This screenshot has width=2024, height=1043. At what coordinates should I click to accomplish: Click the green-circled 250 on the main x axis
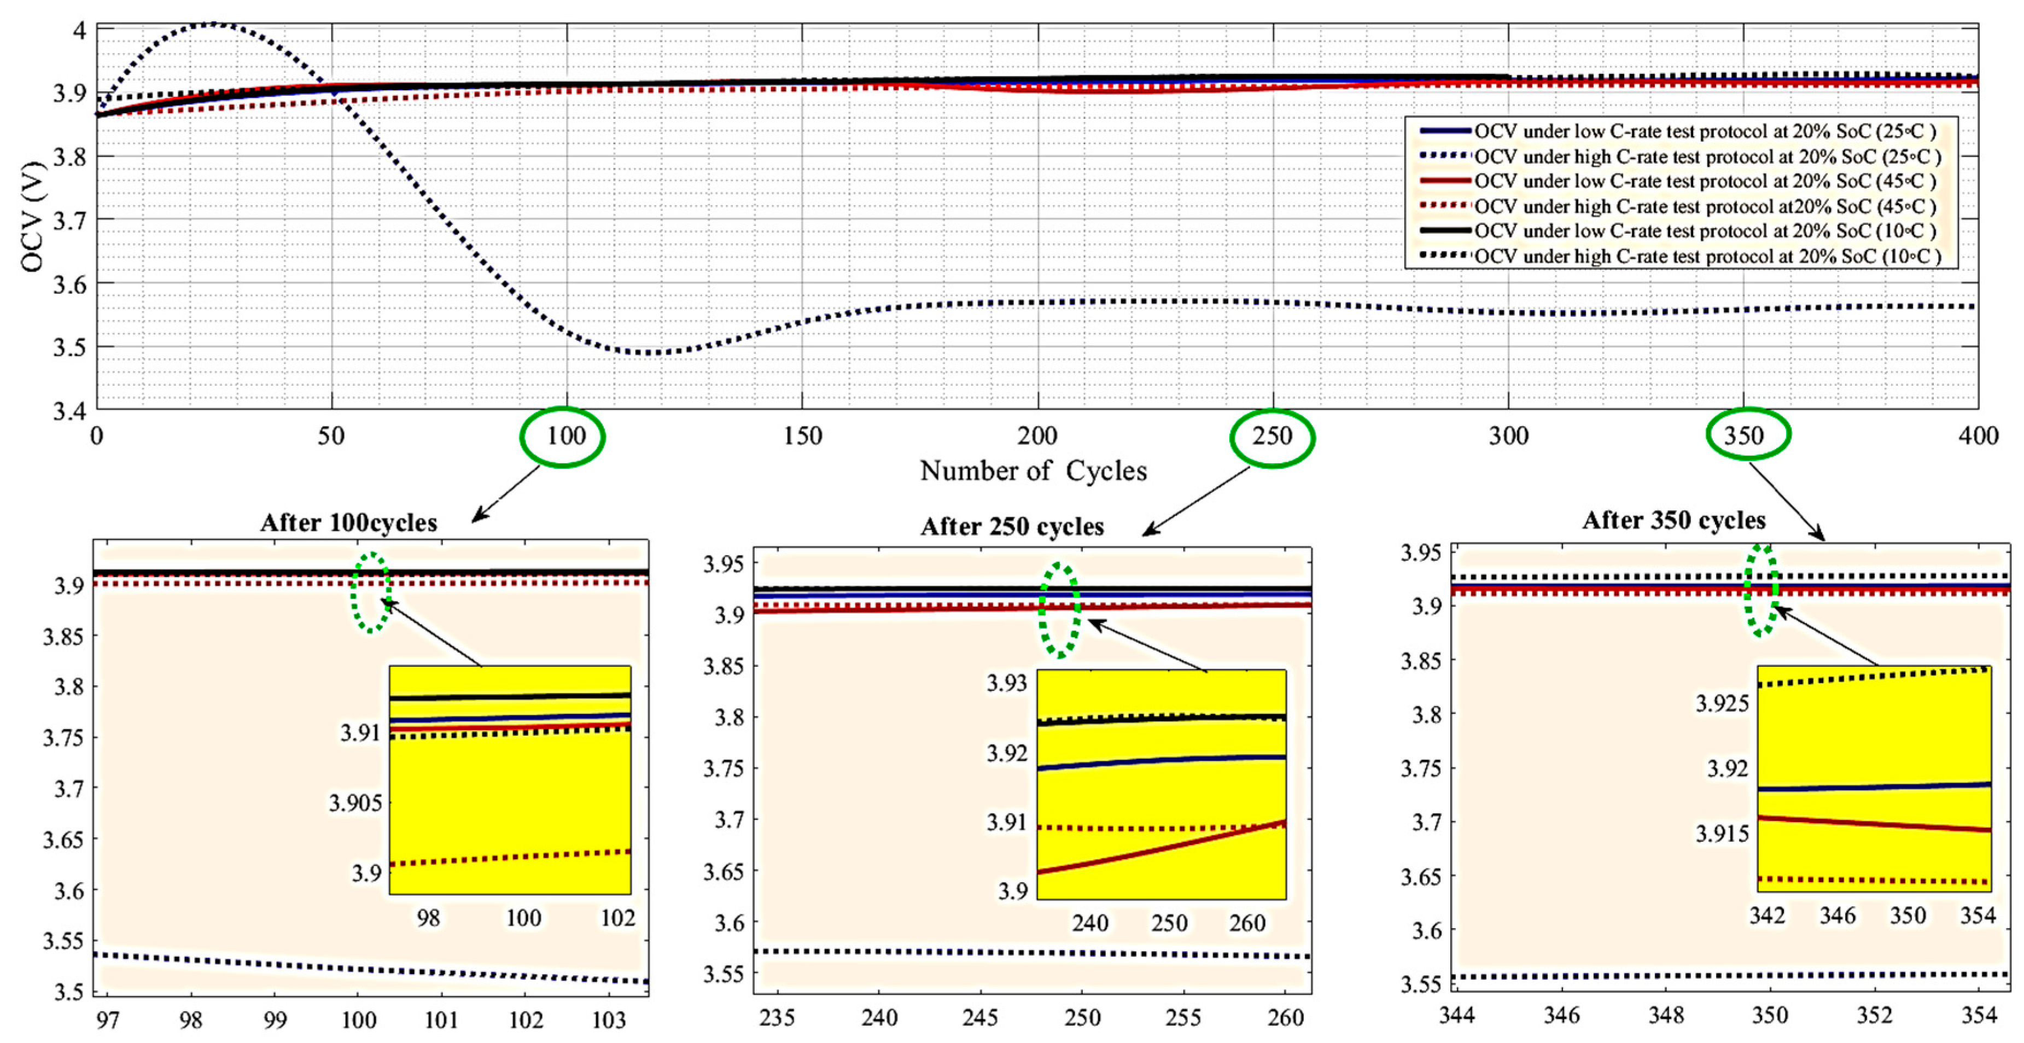tap(1272, 436)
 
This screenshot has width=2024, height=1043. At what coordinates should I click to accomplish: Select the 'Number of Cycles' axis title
tap(1033, 471)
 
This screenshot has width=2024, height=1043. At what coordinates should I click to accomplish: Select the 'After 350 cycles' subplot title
tap(1673, 520)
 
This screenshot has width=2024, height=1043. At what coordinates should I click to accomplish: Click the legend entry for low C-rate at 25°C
tap(1705, 131)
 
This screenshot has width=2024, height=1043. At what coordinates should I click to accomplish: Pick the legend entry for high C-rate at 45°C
tap(1705, 206)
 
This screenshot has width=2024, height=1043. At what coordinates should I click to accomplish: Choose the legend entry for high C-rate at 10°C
tap(1705, 256)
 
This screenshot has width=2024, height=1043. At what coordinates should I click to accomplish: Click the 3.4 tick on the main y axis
tap(70, 410)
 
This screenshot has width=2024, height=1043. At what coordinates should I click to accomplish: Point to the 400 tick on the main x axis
tap(1978, 436)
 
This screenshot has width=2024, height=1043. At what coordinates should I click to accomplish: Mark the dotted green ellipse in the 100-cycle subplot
tap(371, 592)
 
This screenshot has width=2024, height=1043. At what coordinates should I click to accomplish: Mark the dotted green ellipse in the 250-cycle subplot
tap(1060, 610)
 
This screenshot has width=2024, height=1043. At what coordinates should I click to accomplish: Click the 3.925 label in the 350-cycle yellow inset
tap(1722, 703)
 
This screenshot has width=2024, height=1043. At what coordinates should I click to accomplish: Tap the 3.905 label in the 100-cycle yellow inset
tap(355, 802)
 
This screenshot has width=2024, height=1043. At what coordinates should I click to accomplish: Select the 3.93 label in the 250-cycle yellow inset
tap(1006, 683)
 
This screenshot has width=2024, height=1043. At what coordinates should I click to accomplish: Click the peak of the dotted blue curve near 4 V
tap(211, 25)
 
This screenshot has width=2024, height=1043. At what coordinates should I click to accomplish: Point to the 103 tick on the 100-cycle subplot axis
tap(608, 1020)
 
